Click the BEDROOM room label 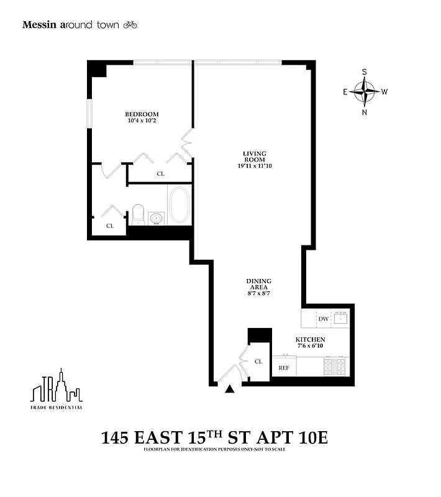142,114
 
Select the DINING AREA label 258,284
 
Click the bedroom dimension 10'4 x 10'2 142,122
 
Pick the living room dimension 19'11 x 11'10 254,166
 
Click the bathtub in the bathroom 180,206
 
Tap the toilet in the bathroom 138,215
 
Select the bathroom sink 157,218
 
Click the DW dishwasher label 323,319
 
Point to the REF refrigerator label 284,368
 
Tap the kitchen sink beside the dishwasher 341,318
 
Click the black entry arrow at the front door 230,390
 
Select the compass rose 364,92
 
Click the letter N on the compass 365,112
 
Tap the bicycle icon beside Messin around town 130,25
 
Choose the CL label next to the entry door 258,361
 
